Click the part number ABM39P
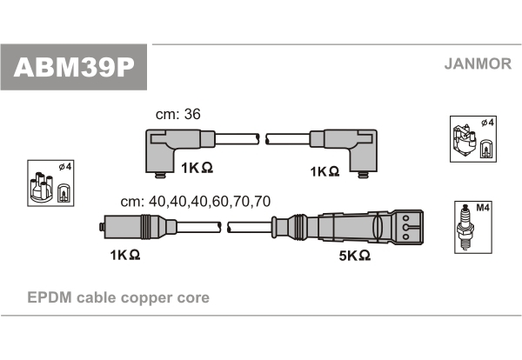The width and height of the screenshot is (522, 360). (x=74, y=68)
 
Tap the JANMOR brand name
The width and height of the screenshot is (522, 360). (x=478, y=63)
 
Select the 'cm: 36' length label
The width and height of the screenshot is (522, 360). (x=178, y=114)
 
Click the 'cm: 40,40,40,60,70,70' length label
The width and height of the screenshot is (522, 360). (x=196, y=201)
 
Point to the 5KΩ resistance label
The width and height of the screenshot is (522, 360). (x=355, y=256)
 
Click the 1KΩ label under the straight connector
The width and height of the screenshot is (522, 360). (x=125, y=255)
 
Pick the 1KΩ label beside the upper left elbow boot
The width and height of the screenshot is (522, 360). (x=197, y=168)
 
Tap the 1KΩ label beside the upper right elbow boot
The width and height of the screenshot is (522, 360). (x=325, y=171)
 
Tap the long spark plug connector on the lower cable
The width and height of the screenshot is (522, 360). (x=347, y=227)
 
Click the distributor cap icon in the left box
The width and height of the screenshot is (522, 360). (x=40, y=187)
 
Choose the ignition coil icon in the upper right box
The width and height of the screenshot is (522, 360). (x=464, y=141)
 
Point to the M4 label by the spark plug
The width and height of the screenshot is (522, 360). (x=483, y=208)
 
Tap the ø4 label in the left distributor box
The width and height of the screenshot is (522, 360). (x=65, y=166)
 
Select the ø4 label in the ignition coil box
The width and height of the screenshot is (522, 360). (x=488, y=123)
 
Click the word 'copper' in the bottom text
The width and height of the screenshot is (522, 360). (x=146, y=298)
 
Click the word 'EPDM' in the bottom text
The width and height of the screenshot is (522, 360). (x=50, y=297)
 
